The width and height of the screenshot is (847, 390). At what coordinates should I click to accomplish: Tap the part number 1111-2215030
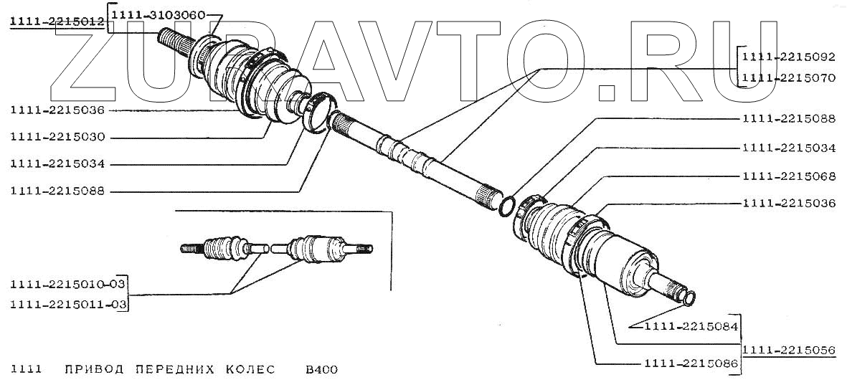coord(58,136)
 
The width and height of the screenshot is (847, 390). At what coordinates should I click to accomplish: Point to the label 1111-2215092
coord(788,54)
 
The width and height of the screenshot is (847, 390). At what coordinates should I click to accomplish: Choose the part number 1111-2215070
coord(788,78)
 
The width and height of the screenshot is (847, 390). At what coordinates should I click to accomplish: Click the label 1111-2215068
coord(788,176)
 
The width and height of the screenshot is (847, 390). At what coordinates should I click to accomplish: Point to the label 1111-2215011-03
coord(68,305)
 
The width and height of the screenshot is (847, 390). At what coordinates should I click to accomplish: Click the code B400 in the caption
coord(321,370)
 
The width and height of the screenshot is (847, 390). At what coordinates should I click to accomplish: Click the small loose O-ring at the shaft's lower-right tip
coord(689,295)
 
